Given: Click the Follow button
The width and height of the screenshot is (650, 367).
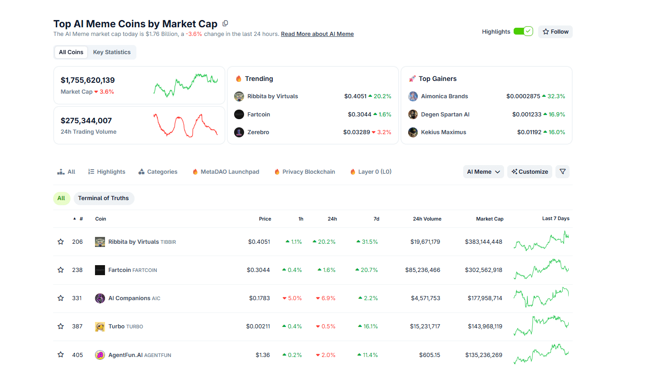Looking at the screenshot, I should pos(555,32).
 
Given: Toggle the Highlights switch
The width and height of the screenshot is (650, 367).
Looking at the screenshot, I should pos(523,31).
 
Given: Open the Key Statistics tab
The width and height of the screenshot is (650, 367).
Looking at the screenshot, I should pos(112,52).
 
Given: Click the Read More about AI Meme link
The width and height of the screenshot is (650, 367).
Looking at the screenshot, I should pos(317,34).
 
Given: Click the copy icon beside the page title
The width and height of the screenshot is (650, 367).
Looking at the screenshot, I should pos(225,24).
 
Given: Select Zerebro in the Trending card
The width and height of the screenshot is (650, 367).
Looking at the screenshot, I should pos(258,132).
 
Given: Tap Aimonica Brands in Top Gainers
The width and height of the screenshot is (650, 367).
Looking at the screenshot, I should pos(444,96).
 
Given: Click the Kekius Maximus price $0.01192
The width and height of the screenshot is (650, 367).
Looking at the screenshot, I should pos(529,132).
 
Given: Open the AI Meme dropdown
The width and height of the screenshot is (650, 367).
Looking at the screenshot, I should pos(483,172).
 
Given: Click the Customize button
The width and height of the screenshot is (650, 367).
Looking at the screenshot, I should pos(530,172).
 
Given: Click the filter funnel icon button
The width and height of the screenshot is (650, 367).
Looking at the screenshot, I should pos(562,172).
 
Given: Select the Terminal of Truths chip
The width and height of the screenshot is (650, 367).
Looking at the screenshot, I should pos(103,198).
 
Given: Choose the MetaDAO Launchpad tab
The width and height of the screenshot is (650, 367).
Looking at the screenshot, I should pos(230,172).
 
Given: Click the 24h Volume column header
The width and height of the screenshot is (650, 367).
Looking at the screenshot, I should pos(427,219).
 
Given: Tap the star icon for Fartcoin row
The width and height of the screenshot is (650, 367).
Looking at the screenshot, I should pos(60,270).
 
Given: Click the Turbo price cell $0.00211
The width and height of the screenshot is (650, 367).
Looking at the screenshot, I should pos(258,327).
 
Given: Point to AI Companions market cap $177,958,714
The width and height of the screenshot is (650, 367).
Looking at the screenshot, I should pos(485,298).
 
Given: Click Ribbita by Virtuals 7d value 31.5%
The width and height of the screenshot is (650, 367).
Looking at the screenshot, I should pos(369,242).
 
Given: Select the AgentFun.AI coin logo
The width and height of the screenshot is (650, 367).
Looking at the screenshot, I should pos(100,355).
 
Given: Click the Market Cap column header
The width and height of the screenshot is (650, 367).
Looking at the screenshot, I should pos(490,219).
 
